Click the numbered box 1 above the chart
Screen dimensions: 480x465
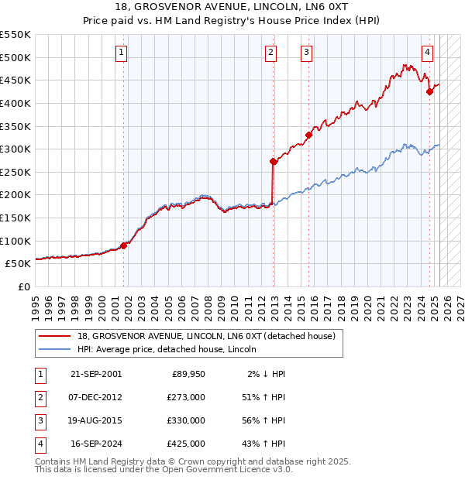coord(122,53)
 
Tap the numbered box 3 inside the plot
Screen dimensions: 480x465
coord(307,53)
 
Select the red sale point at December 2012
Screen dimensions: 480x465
coord(273,161)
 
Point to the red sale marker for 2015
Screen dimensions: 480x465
coord(308,135)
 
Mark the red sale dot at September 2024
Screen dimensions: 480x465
coord(429,91)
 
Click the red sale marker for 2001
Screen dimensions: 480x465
coord(123,245)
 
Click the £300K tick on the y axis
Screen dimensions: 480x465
coord(15,149)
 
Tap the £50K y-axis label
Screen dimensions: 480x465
coord(19,263)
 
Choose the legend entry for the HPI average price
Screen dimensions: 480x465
coord(170,350)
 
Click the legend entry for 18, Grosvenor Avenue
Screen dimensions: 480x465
coord(205,336)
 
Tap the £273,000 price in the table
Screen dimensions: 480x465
coord(186,396)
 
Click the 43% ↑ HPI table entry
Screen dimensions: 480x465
coord(263,444)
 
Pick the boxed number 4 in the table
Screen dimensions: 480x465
coord(40,444)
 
